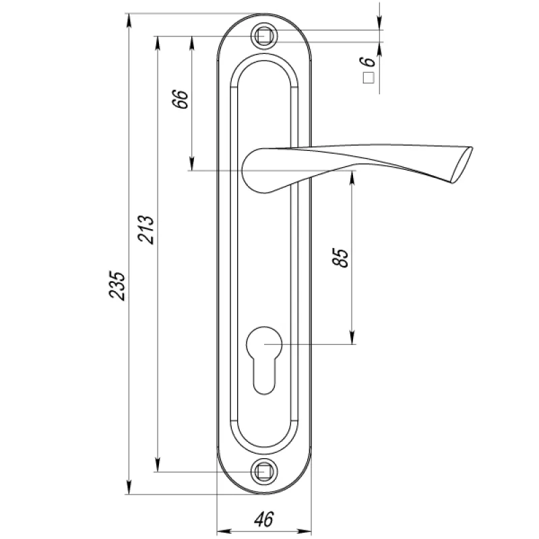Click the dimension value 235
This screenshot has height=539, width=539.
point(117,286)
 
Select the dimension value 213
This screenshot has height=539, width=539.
point(146,230)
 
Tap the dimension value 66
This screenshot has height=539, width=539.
point(181,99)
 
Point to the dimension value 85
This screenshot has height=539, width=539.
point(340,257)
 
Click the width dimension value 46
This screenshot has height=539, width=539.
point(264,519)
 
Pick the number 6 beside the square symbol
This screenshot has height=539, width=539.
point(367,61)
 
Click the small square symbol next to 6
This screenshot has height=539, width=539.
point(369,78)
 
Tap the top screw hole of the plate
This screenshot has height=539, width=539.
point(264,36)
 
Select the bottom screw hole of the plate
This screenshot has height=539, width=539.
point(264,472)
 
